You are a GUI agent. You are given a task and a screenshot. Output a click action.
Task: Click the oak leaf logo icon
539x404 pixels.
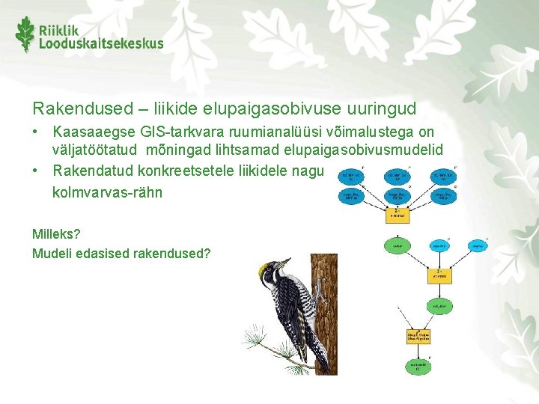tap(25, 34)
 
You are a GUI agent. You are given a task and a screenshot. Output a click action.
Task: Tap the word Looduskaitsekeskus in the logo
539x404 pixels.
tap(101, 43)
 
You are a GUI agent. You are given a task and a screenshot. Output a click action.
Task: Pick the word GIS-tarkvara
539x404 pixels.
tap(176, 132)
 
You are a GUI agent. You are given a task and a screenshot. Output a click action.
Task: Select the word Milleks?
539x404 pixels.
tap(55, 233)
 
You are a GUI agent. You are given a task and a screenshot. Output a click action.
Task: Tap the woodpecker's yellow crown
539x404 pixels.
tap(264, 268)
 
